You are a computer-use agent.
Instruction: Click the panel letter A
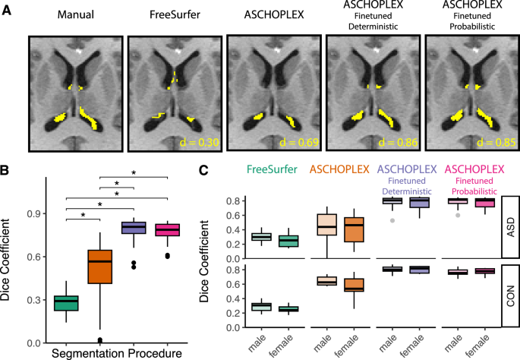(8, 11)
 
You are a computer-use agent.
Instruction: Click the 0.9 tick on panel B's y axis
(36, 213)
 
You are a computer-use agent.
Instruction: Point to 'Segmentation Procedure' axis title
(118, 353)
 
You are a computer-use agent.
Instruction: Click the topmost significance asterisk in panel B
(134, 173)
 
